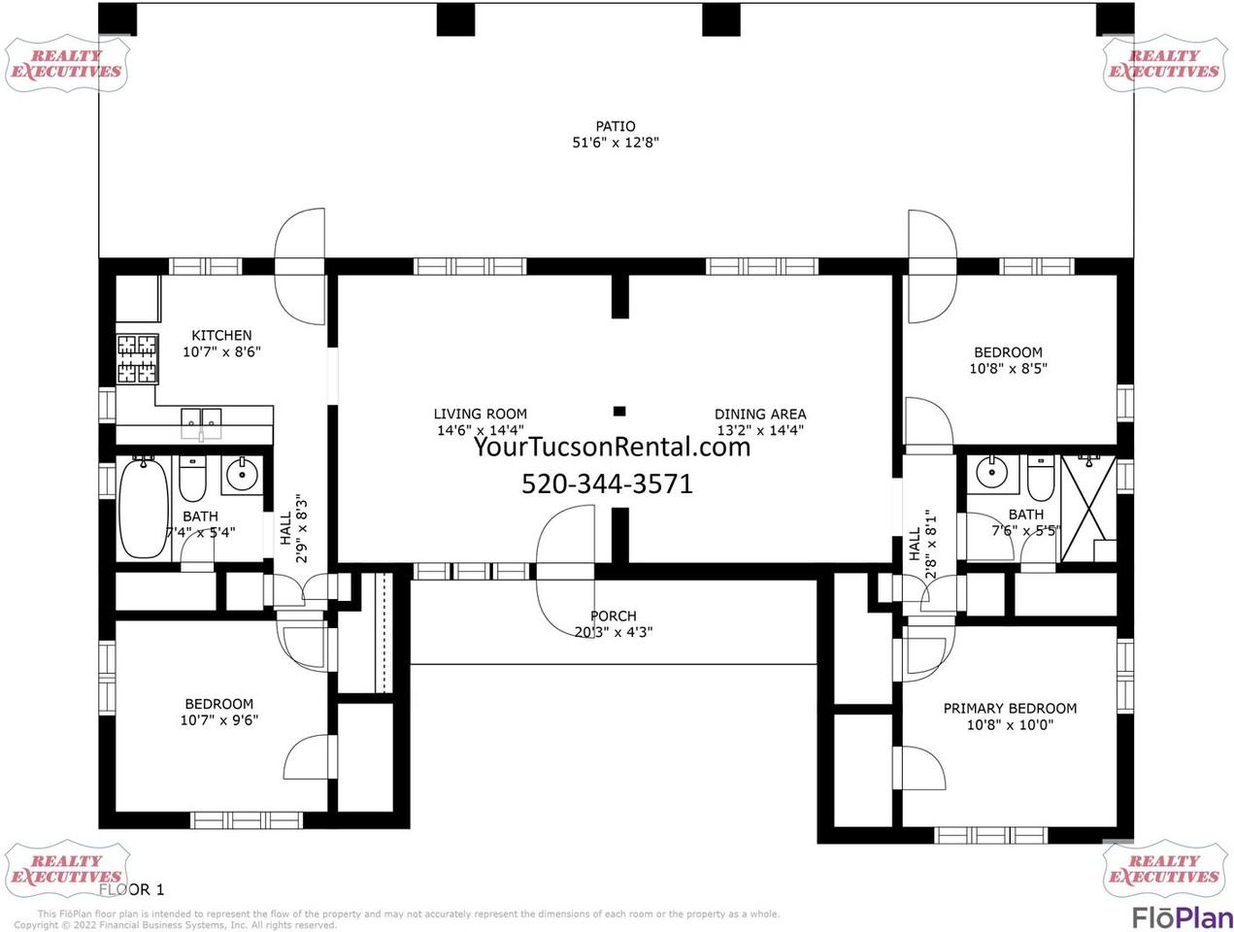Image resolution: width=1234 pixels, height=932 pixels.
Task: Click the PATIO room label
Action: tap(616, 126)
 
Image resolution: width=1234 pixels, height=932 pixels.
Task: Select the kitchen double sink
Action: tap(201, 419)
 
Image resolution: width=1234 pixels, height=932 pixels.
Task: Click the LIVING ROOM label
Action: tap(480, 414)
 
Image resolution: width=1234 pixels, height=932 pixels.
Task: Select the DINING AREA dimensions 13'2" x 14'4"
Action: tap(759, 430)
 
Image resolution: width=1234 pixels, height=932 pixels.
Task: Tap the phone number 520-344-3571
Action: tap(607, 483)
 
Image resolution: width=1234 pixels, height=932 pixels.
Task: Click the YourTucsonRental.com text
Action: tap(612, 447)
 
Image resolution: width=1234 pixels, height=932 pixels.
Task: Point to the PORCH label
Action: tap(614, 616)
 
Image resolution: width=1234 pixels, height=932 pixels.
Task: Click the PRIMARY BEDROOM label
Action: tap(1010, 708)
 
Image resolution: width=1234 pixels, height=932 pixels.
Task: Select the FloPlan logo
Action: tap(1182, 916)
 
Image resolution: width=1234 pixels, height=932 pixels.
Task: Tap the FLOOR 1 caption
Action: tap(132, 888)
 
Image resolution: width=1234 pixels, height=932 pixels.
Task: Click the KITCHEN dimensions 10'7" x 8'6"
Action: tap(221, 351)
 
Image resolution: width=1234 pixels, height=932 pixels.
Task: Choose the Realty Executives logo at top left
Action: tap(66, 64)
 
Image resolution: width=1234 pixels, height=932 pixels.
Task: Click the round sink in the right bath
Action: tap(991, 475)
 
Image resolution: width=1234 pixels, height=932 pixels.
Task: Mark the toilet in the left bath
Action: tap(193, 479)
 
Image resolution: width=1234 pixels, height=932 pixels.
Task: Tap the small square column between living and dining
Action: tap(619, 411)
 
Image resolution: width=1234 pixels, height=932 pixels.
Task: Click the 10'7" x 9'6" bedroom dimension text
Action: tap(218, 720)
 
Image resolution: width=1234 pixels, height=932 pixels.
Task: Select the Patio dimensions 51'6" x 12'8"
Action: tap(616, 143)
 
